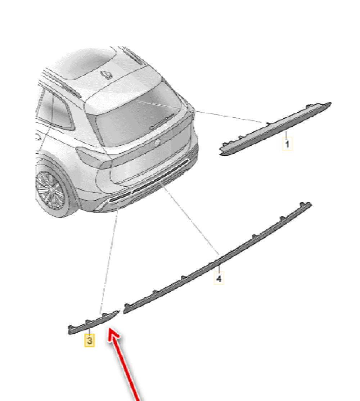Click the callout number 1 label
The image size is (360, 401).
point(287,144)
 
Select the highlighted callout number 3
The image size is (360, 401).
point(90,341)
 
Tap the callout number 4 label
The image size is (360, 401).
point(219,278)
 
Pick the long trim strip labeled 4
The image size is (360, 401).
point(217,258)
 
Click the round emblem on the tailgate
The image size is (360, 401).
point(157,143)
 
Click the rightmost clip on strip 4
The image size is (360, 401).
point(303,204)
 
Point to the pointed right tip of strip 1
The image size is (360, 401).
point(331,103)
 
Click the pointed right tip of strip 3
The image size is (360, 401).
point(119,311)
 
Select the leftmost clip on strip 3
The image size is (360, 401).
point(71,326)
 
